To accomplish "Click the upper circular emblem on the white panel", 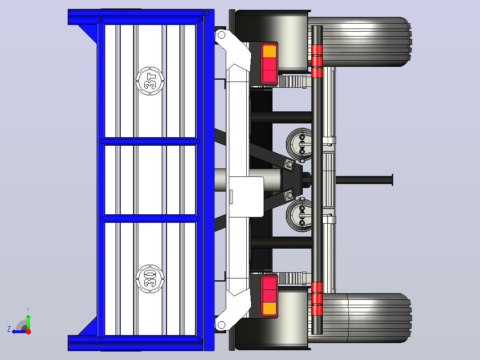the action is pyautogui.click(x=150, y=81).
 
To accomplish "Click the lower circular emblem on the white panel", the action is pyautogui.click(x=150, y=279).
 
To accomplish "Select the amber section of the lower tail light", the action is pyautogui.click(x=269, y=308).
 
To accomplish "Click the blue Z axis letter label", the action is pyautogui.click(x=9, y=329).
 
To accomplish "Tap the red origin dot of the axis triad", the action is pyautogui.click(x=28, y=331).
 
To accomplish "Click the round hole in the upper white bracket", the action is pyautogui.click(x=221, y=35).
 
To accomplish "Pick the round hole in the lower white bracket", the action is pyautogui.click(x=221, y=325).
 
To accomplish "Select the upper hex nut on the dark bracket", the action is pyautogui.click(x=289, y=165).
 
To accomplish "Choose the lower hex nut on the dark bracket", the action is pyautogui.click(x=289, y=195).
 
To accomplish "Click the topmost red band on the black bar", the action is pyautogui.click(x=317, y=49).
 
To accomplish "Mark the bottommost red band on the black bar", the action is pyautogui.click(x=317, y=310).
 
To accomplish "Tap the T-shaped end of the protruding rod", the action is pyautogui.click(x=392, y=180).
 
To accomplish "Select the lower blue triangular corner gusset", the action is pyautogui.click(x=88, y=326).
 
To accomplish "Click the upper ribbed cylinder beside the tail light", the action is pyautogui.click(x=293, y=82).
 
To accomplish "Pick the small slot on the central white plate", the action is pyautogui.click(x=231, y=196).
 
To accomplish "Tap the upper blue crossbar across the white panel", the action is pyautogui.click(x=150, y=141).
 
